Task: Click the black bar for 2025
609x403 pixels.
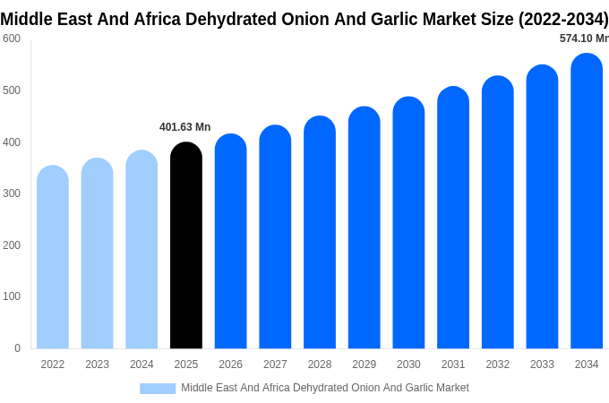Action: [x=186, y=246]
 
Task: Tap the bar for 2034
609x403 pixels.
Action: [x=587, y=201]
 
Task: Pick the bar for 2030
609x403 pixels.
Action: [x=408, y=224]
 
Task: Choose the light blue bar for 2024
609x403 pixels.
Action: [x=142, y=250]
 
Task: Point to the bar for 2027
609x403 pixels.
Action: [x=275, y=237]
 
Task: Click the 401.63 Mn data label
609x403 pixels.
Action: [x=184, y=127]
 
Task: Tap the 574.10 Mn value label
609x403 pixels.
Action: [x=584, y=39]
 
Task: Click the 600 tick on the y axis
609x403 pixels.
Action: [x=12, y=39]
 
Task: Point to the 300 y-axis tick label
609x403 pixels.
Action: [x=12, y=193]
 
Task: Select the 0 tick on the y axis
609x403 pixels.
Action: [x=17, y=348]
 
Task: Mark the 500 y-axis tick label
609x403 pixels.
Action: [x=12, y=90]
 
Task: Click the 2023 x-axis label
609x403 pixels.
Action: [x=97, y=364]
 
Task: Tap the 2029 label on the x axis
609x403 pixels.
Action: [x=364, y=364]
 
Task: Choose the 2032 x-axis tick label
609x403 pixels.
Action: [x=497, y=364]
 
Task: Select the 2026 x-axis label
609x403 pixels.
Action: [x=230, y=364]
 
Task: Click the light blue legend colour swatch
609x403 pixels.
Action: [x=158, y=389]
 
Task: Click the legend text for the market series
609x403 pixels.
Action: [x=325, y=388]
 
